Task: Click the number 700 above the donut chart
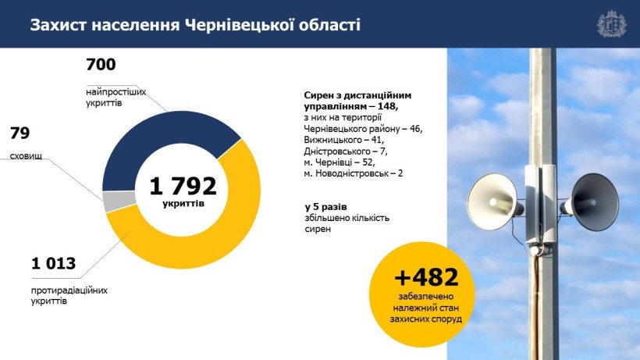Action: click(101, 65)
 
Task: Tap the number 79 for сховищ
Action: click(20, 133)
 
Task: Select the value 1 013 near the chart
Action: click(54, 263)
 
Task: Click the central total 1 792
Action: click(183, 186)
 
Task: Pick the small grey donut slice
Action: click(119, 201)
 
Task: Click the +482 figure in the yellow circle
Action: click(426, 277)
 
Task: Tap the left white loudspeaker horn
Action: click(492, 201)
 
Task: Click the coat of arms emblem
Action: click(611, 24)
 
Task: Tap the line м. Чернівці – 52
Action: click(340, 162)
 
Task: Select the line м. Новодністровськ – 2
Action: click(354, 173)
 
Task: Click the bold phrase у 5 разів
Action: click(325, 207)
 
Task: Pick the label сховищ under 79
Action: click(26, 156)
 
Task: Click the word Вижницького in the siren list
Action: click(333, 140)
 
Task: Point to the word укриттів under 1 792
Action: click(183, 203)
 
